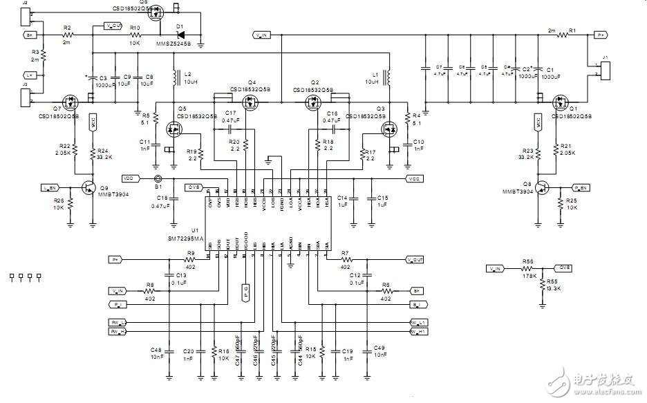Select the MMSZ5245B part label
178,41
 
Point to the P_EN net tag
581,187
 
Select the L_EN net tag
50,187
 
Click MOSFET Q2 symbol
315,100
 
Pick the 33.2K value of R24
104,157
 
